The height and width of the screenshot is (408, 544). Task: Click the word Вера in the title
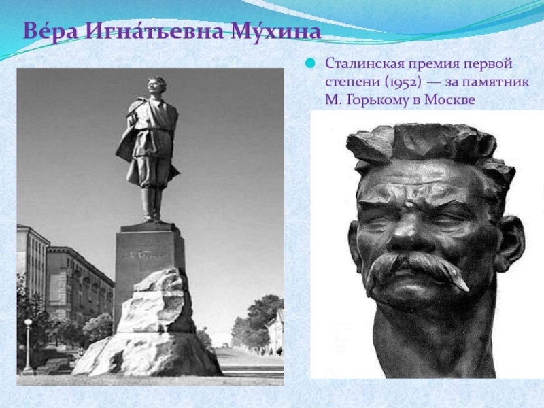pyautogui.click(x=49, y=32)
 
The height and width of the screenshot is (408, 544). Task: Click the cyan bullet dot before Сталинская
pyautogui.click(x=310, y=65)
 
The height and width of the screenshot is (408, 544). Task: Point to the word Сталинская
pyautogui.click(x=364, y=65)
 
